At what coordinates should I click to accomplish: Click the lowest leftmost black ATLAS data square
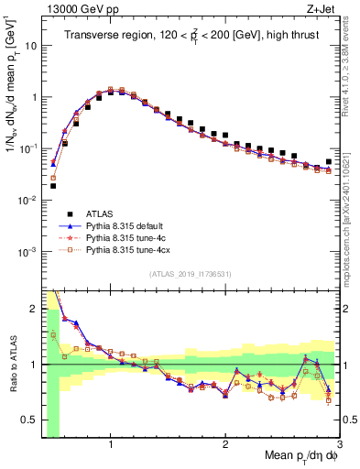(x=52, y=186)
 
